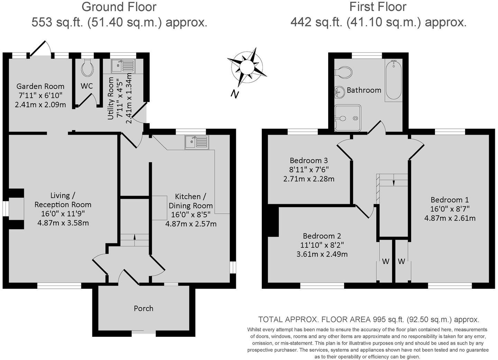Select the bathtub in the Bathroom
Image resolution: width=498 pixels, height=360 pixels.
tap(394, 80)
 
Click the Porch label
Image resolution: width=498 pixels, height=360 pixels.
tap(144, 308)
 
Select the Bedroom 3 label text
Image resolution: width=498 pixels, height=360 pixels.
tap(309, 160)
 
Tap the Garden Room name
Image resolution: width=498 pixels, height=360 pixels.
tap(40, 86)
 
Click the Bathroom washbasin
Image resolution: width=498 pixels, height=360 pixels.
tap(339, 91)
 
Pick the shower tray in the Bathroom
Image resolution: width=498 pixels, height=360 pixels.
tap(348, 118)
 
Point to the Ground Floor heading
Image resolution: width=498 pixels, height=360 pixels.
tap(119, 7)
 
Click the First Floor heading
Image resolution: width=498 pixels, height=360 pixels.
tap(378, 7)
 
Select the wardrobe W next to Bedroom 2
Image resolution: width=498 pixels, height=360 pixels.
tap(385, 261)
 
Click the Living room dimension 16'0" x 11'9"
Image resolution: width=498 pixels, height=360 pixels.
tap(63, 214)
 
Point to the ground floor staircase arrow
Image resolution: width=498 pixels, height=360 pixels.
tap(135, 237)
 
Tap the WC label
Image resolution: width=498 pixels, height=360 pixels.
tap(87, 86)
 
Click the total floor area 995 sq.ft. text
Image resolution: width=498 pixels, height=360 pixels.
tap(369, 319)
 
